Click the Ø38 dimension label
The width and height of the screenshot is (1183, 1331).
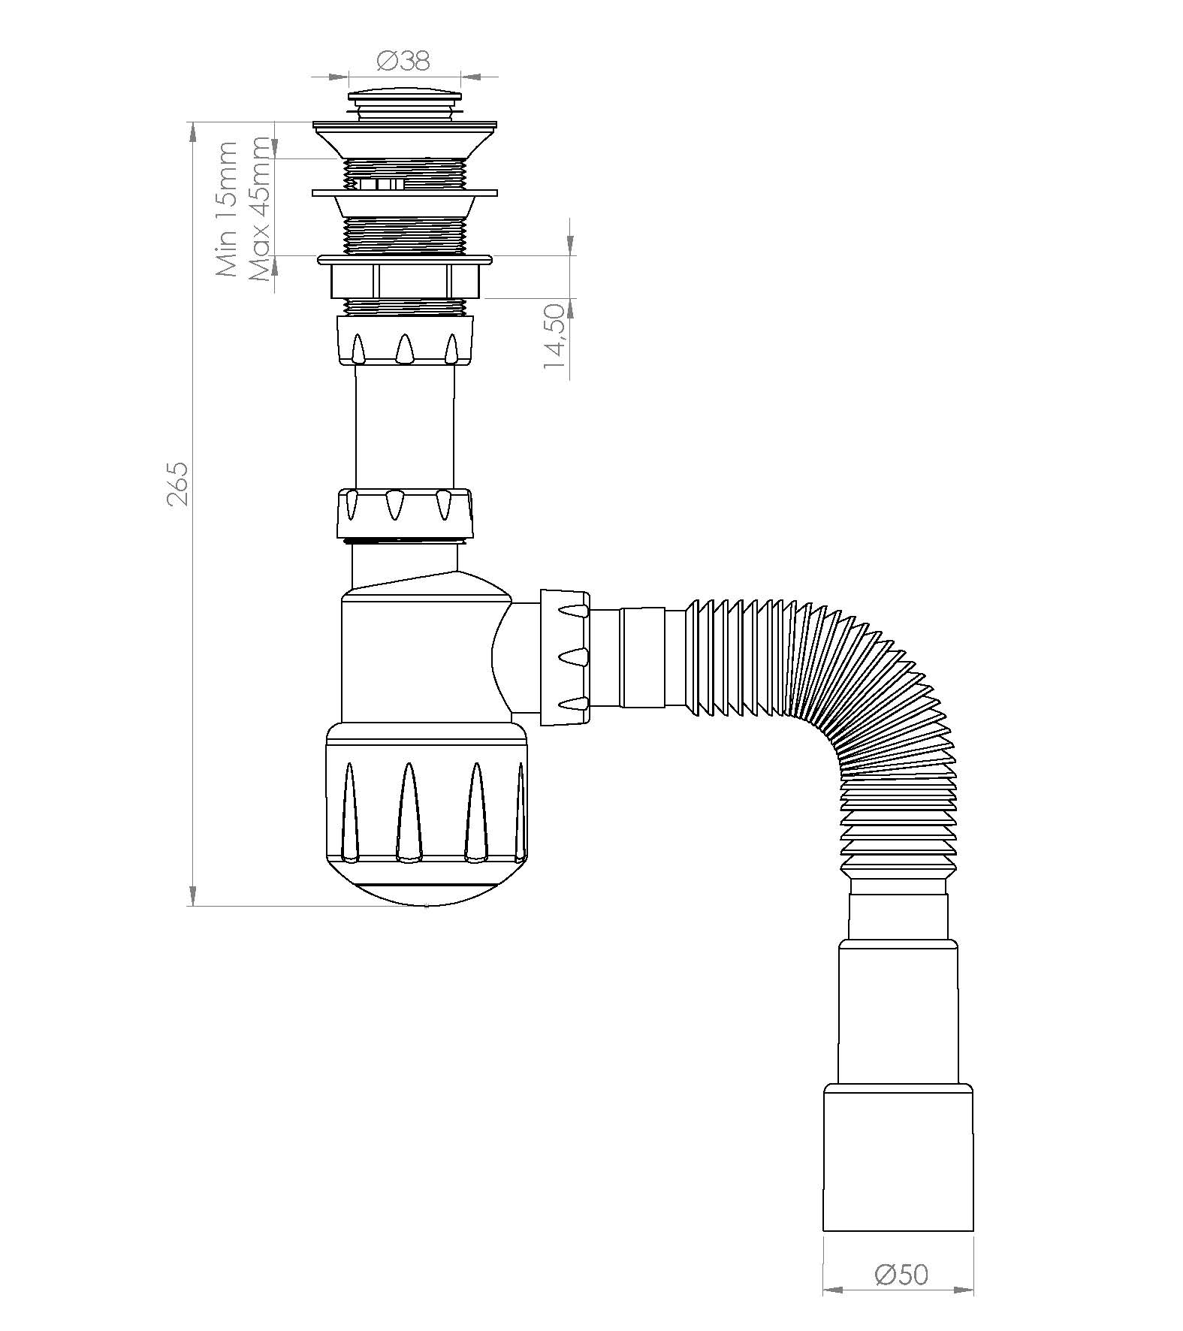[x=403, y=61]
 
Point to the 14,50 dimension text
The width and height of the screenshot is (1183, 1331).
[x=555, y=336]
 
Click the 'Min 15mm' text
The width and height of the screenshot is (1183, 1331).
[x=226, y=209]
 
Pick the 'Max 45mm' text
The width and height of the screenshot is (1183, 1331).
[x=259, y=210]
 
